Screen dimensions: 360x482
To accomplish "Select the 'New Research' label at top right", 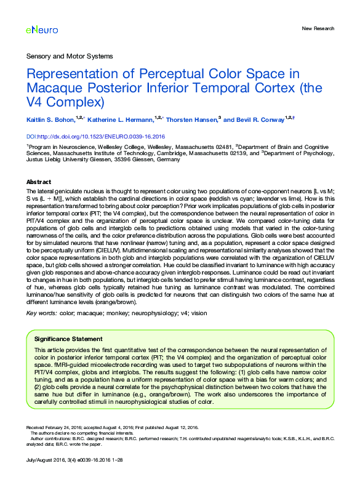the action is (x=318, y=29).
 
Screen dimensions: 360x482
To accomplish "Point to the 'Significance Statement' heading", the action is (x=68, y=339).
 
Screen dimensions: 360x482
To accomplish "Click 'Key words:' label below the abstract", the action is (x=41, y=313).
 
